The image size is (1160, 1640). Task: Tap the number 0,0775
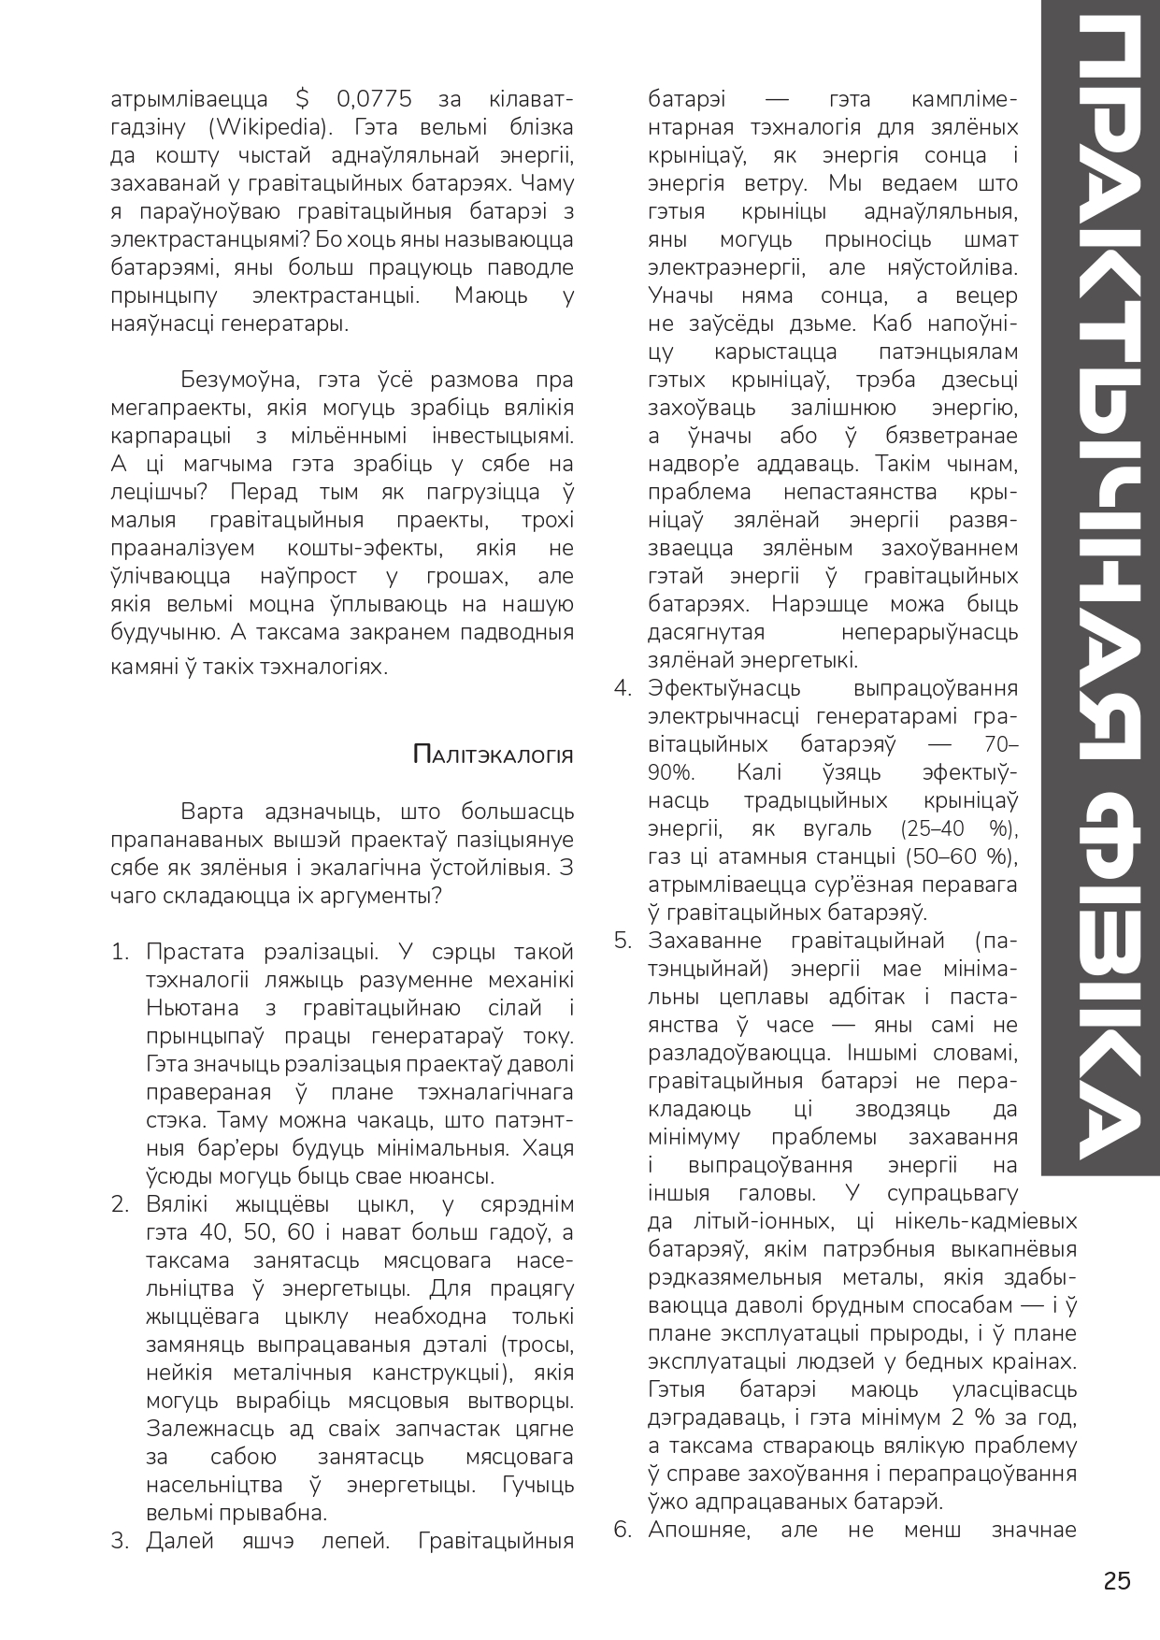point(374,99)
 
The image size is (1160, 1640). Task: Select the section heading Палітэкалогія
point(493,755)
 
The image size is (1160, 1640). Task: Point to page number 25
point(1117,1581)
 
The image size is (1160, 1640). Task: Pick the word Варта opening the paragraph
point(216,812)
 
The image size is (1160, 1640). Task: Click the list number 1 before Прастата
point(120,952)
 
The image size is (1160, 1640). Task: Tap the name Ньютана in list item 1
point(193,1008)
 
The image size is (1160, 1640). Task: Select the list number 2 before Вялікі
point(120,1204)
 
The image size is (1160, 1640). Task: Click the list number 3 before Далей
point(120,1541)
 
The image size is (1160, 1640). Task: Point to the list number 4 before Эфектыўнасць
point(623,689)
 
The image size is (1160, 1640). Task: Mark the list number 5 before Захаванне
point(623,941)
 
